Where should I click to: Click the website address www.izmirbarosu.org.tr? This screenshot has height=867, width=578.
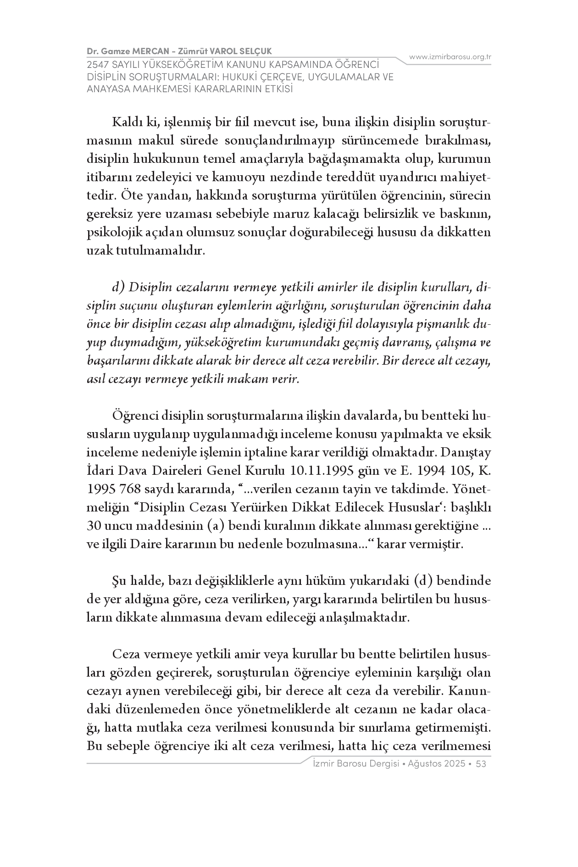tap(450, 57)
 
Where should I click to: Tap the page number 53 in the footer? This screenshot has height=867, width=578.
tap(481, 764)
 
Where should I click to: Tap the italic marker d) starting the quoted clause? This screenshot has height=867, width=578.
tap(119, 288)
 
